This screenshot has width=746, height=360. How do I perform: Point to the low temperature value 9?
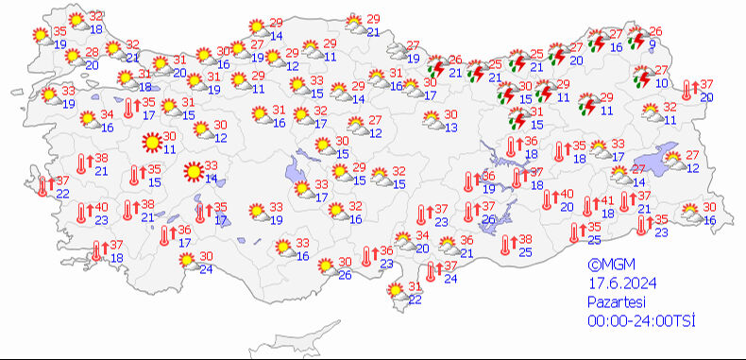tap(653, 45)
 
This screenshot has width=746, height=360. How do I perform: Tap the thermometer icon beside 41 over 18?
tap(589, 205)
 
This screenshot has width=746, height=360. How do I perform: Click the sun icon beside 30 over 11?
tap(150, 143)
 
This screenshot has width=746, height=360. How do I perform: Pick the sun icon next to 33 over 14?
tap(194, 172)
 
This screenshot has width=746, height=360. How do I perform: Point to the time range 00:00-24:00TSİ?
tap(639, 320)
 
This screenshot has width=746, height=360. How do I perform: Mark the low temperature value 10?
tap(660, 83)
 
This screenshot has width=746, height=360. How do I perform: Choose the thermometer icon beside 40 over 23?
tap(83, 212)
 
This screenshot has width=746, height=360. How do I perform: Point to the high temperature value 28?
tap(93, 52)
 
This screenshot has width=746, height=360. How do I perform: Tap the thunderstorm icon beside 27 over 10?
tap(643, 77)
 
